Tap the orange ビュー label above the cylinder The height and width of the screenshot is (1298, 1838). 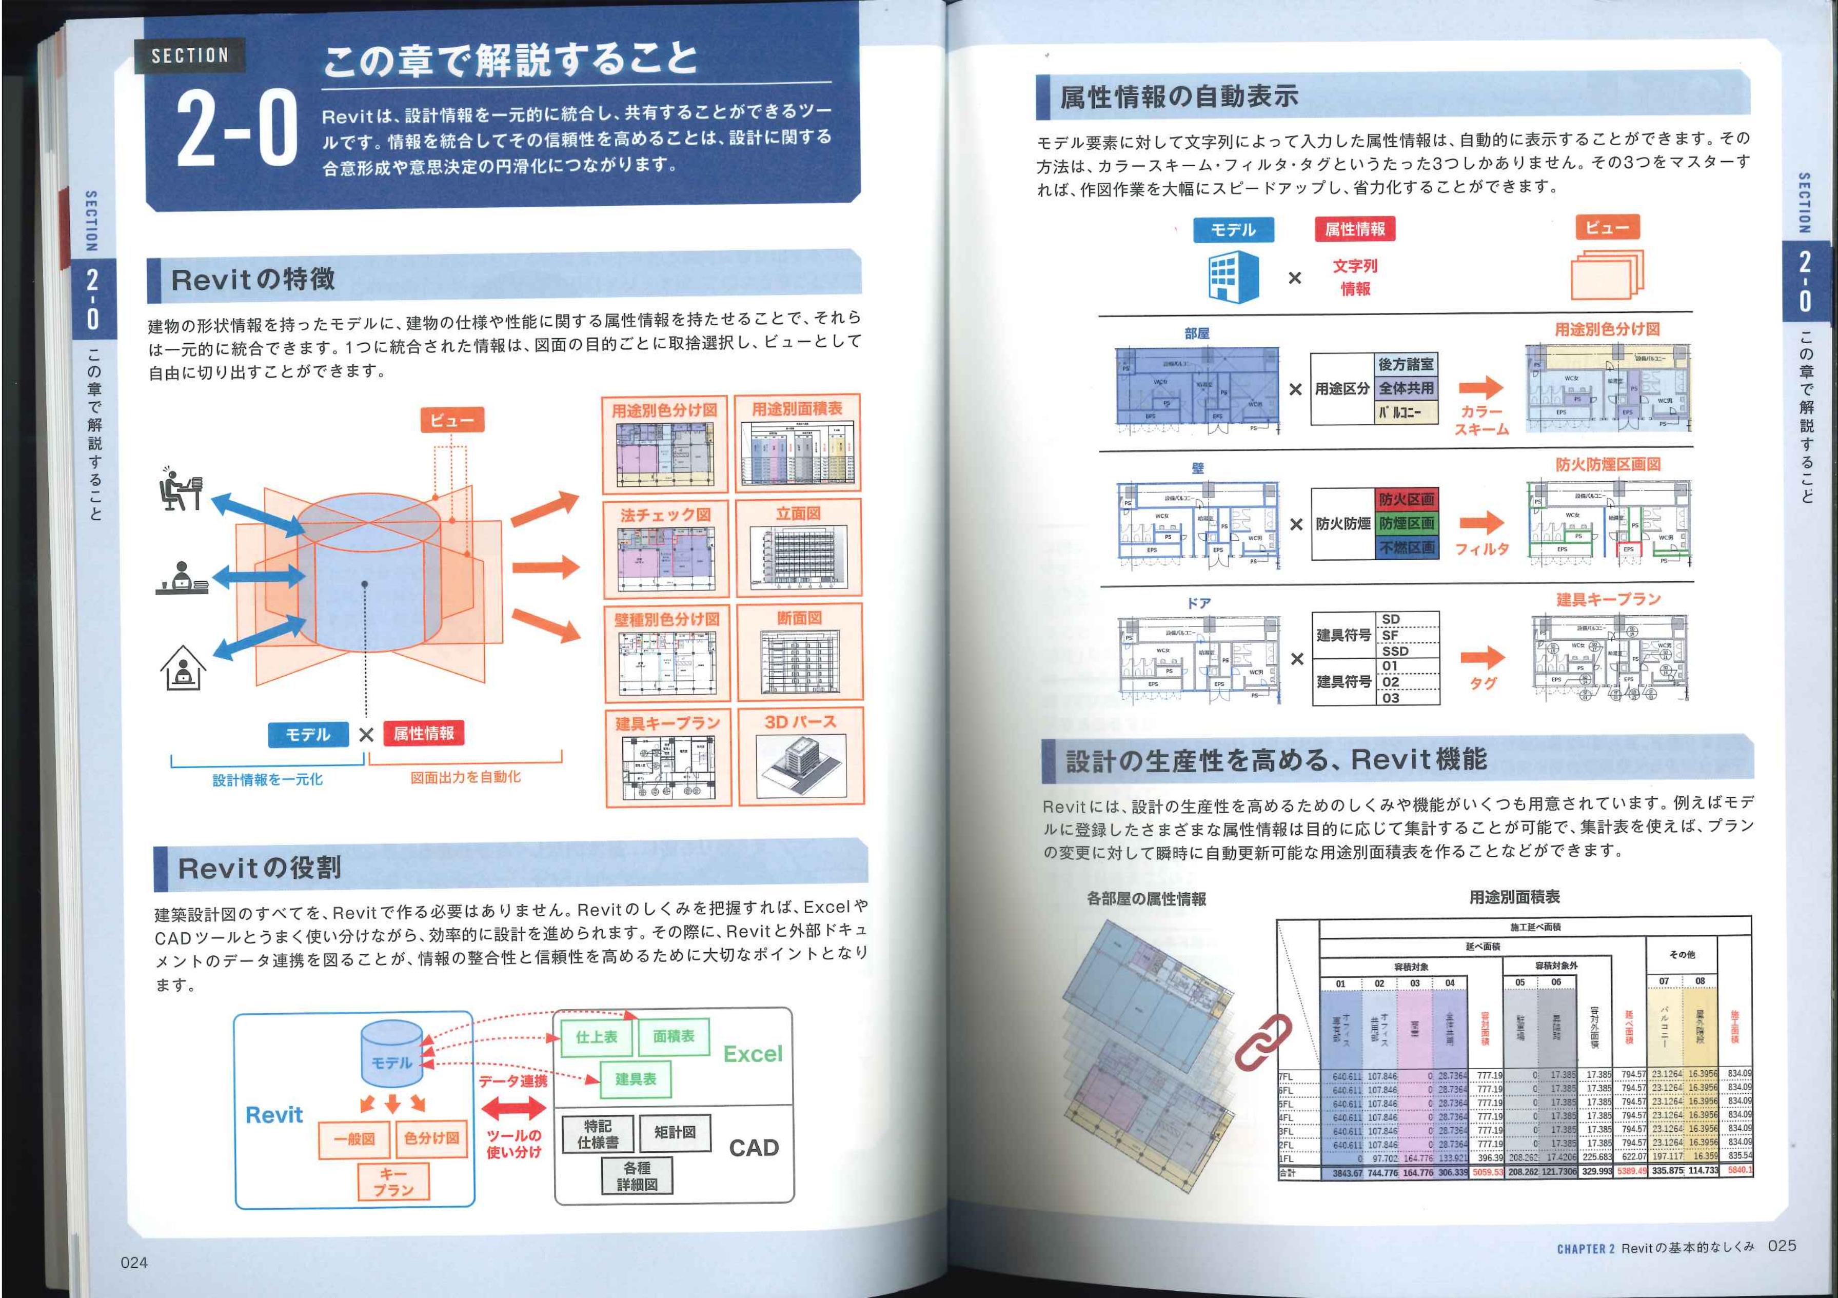(452, 420)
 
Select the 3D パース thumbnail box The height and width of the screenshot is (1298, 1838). (800, 757)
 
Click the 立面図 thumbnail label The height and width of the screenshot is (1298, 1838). (798, 513)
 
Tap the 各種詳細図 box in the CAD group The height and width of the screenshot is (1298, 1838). (637, 1175)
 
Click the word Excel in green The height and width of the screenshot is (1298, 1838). (753, 1054)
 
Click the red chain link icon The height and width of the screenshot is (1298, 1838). (1263, 1042)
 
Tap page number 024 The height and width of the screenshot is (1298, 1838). (134, 1263)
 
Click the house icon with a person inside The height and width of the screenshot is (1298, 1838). (183, 668)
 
